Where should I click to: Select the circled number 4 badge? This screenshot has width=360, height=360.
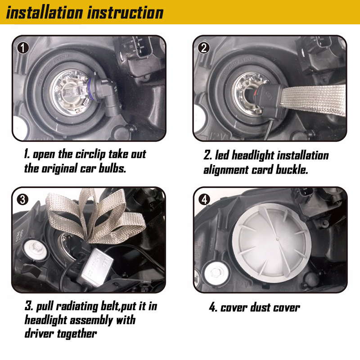(204, 198)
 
